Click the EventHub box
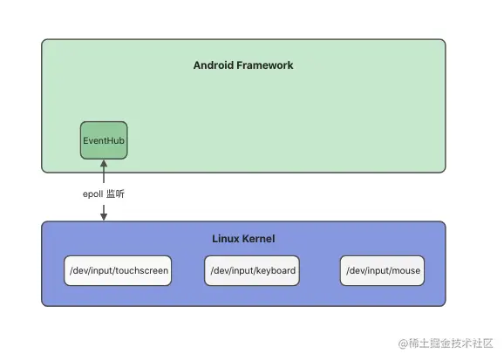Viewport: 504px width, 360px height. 104,140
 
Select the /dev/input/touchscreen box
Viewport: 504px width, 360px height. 118,271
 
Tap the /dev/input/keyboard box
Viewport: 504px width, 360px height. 253,271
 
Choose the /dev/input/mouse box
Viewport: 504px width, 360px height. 383,271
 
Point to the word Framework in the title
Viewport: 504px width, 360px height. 265,65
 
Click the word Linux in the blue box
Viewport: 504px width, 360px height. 227,239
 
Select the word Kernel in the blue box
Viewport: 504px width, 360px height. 259,239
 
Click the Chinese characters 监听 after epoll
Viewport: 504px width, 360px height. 116,194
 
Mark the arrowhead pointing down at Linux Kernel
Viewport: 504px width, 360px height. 104,216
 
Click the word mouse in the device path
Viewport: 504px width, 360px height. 406,271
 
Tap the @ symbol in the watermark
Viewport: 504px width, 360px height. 403,343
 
